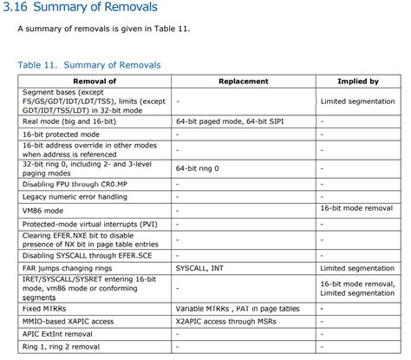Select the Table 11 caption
[x=88, y=65]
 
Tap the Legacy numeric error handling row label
[x=76, y=196]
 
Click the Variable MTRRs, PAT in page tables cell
[x=235, y=309]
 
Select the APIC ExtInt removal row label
[x=58, y=333]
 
